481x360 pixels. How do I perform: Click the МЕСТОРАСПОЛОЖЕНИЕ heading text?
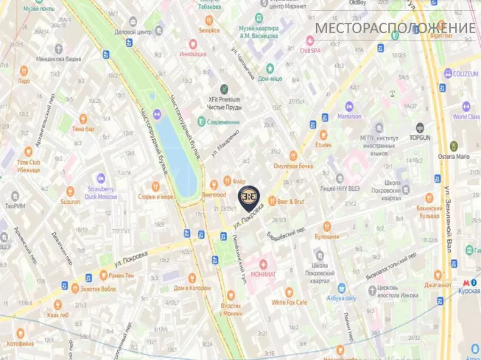click(x=395, y=29)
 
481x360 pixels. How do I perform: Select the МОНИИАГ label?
click(x=263, y=273)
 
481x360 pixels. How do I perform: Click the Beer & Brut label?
click(x=290, y=201)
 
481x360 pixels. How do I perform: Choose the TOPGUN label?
click(x=420, y=137)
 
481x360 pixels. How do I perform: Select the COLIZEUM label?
click(x=466, y=73)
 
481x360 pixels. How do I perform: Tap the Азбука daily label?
click(x=341, y=298)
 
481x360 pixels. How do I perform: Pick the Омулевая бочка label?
click(x=293, y=166)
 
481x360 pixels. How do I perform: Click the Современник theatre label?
click(x=223, y=121)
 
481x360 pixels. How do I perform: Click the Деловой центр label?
click(x=133, y=32)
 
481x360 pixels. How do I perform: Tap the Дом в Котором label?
click(x=191, y=288)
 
